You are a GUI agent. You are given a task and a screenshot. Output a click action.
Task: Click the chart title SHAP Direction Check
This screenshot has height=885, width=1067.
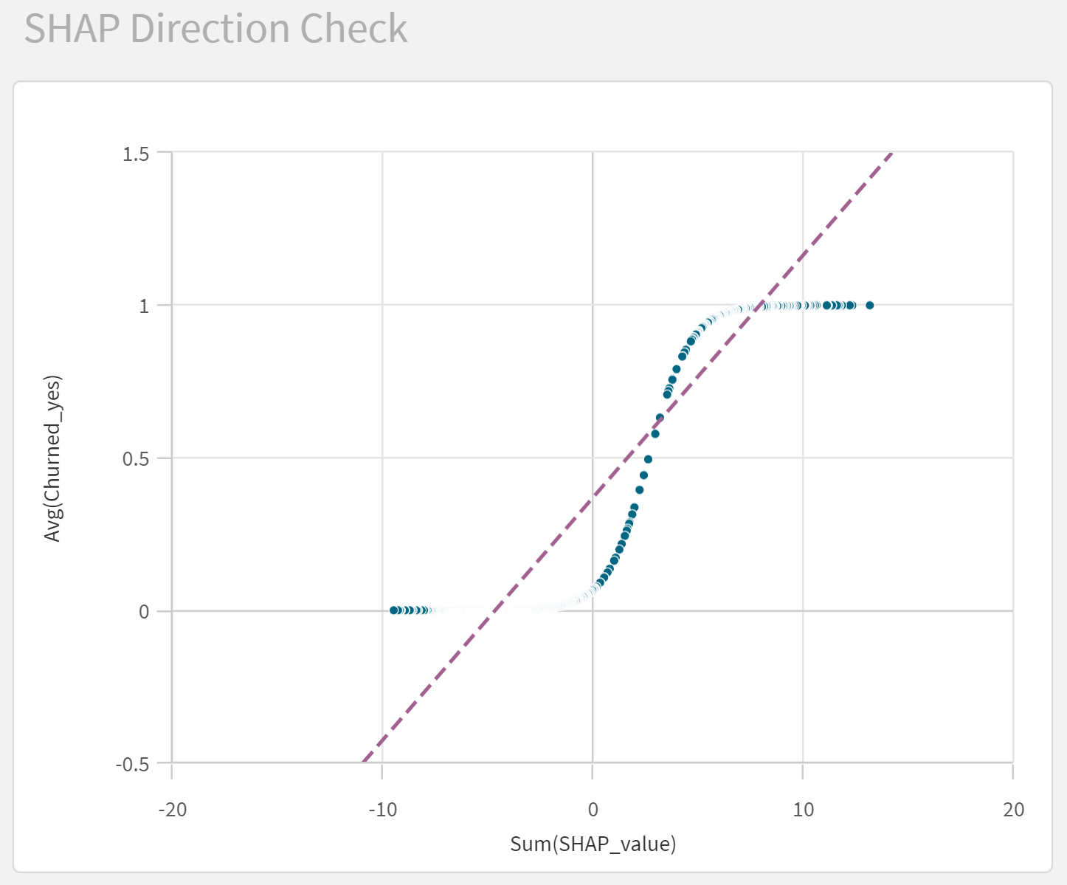[215, 29]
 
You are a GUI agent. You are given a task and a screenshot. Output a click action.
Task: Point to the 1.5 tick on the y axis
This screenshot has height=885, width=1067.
[136, 154]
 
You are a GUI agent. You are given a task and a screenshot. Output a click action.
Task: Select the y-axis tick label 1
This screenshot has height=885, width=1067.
[144, 306]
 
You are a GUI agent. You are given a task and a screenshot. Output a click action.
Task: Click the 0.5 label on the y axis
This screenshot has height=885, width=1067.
[136, 458]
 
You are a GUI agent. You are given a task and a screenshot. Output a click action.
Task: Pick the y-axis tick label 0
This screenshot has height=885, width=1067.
[144, 611]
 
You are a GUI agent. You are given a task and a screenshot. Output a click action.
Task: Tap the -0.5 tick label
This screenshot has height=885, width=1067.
[132, 765]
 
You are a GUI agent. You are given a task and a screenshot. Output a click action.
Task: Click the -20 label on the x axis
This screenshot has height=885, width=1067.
[173, 810]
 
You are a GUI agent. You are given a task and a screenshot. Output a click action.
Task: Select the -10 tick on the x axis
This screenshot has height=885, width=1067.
[383, 810]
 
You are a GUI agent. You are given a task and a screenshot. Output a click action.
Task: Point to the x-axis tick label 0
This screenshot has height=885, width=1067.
[593, 810]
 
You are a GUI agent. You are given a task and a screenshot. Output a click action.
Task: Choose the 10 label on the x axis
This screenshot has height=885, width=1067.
[804, 810]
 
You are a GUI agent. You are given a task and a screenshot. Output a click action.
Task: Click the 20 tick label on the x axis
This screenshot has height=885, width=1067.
[1014, 810]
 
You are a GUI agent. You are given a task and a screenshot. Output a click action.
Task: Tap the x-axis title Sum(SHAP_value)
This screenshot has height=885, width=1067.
[593, 844]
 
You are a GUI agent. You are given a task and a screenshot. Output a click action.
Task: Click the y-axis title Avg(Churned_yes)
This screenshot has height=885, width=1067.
[52, 458]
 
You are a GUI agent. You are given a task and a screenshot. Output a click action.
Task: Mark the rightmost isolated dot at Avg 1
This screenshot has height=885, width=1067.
[870, 306]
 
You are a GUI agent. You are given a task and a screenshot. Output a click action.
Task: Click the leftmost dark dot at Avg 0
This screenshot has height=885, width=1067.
[393, 610]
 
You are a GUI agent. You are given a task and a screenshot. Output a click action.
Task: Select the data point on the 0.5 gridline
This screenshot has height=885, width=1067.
[648, 459]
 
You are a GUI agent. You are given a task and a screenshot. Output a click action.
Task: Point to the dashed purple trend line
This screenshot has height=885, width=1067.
[627, 457]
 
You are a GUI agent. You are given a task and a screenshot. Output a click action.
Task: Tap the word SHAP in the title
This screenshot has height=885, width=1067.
[72, 29]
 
